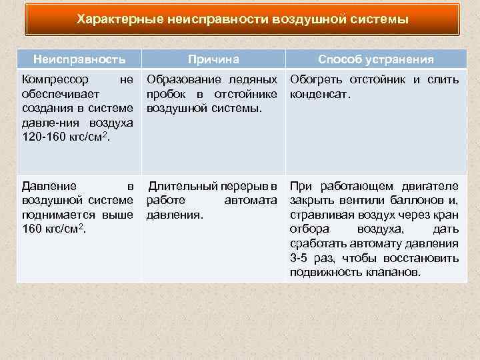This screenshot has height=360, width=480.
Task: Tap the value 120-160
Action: pyautogui.click(x=43, y=136)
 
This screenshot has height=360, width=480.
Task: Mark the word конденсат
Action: pyautogui.click(x=319, y=94)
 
